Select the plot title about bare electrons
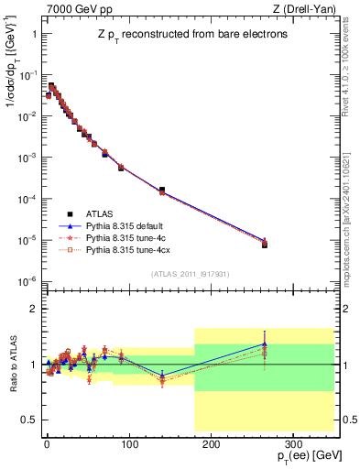point(190,35)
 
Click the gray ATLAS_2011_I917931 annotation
point(190,274)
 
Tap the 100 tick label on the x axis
point(128,442)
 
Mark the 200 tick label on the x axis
point(210,442)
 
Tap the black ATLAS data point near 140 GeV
point(162,190)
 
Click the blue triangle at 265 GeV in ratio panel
point(264,344)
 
